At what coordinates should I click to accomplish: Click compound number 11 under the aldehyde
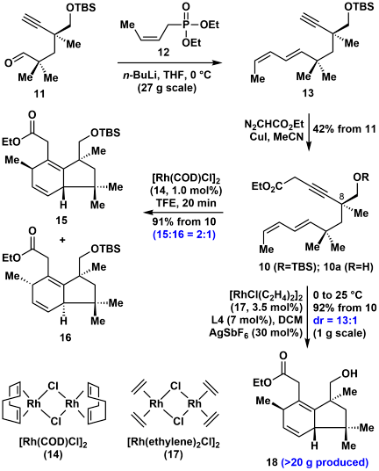39,94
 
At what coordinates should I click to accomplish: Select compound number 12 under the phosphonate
164,52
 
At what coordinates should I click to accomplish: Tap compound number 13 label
308,93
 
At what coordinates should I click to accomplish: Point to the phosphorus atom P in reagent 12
186,25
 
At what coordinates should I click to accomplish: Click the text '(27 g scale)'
167,87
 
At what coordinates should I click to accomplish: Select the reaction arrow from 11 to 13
168,63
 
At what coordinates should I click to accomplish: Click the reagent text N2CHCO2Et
274,124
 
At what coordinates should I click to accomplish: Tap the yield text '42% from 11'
344,129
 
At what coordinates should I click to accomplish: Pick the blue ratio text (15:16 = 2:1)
184,235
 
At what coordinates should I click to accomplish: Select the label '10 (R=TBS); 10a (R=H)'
316,267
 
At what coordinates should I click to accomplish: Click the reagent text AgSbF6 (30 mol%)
256,333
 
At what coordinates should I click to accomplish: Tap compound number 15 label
61,221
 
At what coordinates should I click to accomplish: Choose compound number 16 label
65,337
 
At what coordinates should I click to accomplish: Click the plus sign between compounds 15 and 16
62,240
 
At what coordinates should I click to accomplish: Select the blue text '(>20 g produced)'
324,462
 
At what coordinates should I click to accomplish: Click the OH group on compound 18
349,373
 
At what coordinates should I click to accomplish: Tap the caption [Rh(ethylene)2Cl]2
174,443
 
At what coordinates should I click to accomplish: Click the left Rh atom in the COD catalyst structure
33,403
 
